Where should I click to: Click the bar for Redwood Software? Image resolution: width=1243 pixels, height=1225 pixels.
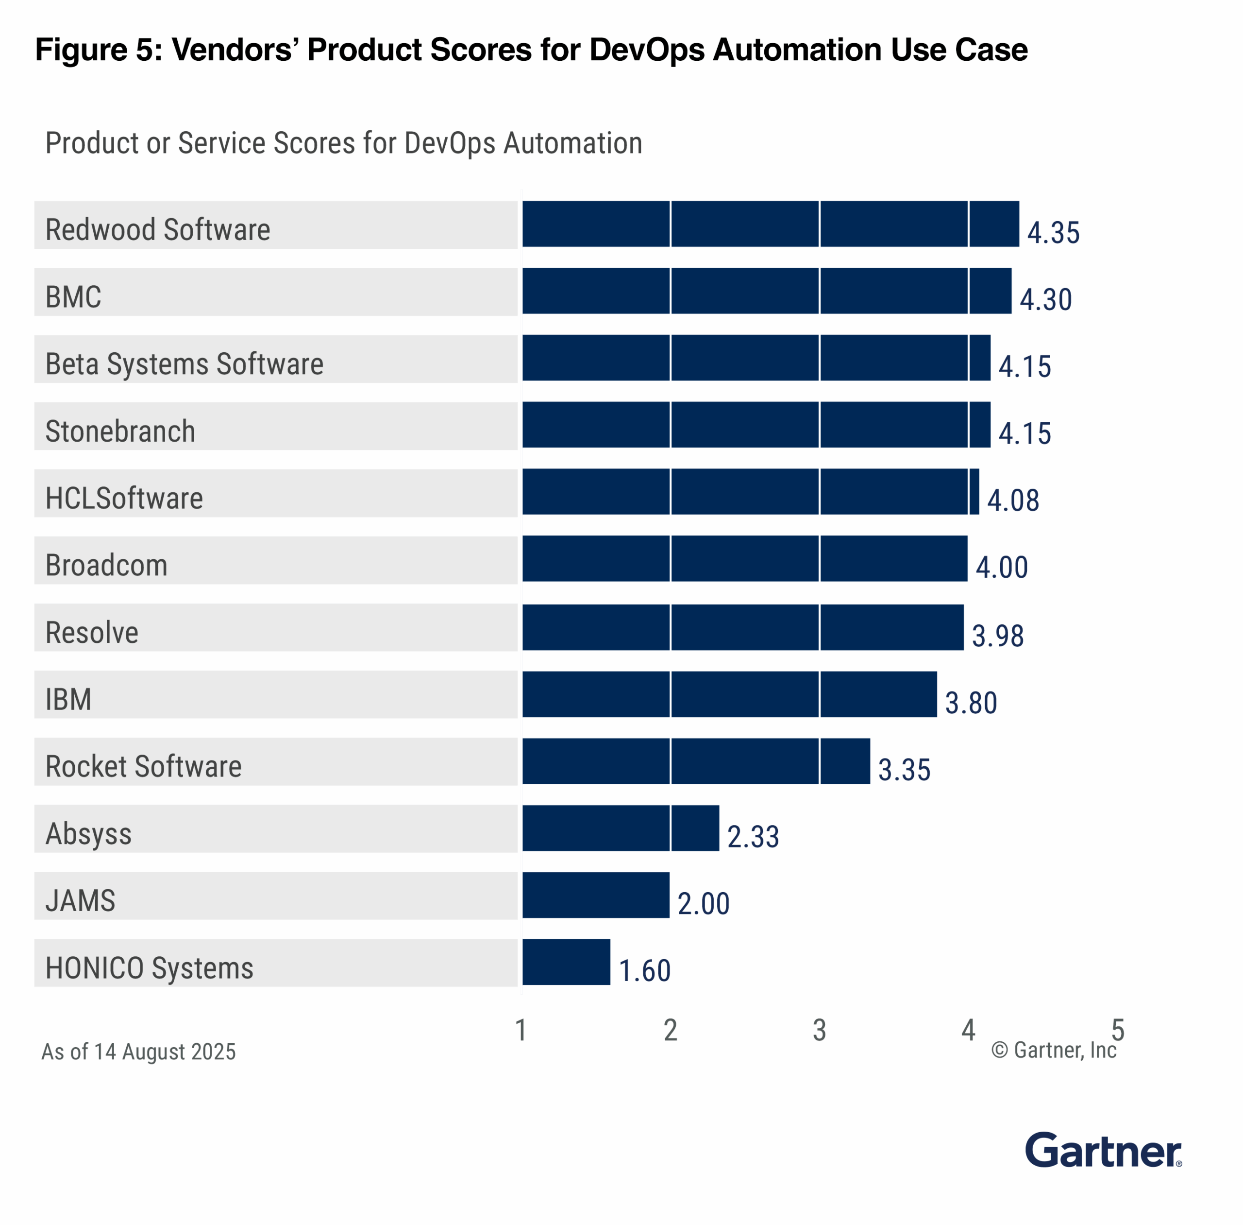(x=770, y=224)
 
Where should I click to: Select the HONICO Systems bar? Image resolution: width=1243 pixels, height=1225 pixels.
(x=566, y=962)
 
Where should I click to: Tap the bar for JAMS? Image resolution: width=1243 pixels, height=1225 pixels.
(x=595, y=895)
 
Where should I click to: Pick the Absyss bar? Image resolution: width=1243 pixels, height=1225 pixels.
(x=620, y=828)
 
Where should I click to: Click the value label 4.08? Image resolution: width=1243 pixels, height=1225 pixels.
(x=1013, y=500)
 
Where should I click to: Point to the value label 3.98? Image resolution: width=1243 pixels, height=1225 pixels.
(x=997, y=636)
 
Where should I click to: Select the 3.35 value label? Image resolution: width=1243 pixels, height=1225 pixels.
(x=904, y=770)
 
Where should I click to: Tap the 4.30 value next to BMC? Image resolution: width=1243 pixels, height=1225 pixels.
(x=1045, y=300)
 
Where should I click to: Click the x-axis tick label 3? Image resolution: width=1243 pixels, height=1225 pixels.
(x=819, y=1030)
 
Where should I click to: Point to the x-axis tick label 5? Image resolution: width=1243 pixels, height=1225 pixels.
(x=1118, y=1030)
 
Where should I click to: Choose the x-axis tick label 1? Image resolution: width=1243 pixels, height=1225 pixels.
(x=521, y=1030)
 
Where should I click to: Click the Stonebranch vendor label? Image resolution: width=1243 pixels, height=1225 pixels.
(x=120, y=431)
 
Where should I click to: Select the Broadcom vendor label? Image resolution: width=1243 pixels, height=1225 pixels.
(x=107, y=566)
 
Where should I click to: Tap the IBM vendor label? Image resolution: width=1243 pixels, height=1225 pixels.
(x=68, y=699)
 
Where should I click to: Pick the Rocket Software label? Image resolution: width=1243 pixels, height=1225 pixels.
(x=143, y=766)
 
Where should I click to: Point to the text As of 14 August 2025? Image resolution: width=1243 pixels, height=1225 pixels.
(x=138, y=1052)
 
